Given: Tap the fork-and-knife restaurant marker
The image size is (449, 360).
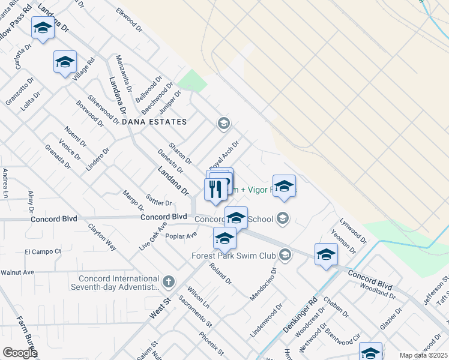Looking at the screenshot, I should point(215,189).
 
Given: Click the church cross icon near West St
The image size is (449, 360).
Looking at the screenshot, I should point(169,280).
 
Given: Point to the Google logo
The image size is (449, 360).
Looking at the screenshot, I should point(20,352).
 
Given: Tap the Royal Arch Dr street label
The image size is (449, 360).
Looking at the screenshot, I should point(224,155).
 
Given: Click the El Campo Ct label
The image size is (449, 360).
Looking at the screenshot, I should point(43,251).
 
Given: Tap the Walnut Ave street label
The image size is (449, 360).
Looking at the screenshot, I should point(17,272).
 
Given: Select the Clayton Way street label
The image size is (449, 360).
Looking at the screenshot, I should point(103,236).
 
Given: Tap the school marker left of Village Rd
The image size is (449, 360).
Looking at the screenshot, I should point(65,62).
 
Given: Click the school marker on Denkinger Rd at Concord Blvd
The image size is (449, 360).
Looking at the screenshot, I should point(326,254).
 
